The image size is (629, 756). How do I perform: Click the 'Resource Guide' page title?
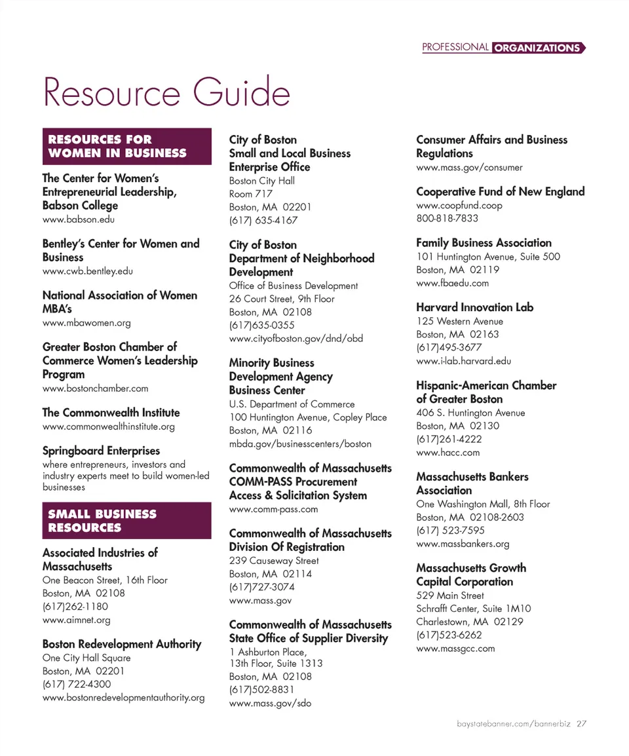pyautogui.click(x=166, y=92)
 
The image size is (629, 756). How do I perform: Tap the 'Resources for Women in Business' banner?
pyautogui.click(x=126, y=146)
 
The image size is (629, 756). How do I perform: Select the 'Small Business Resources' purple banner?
pyautogui.click(x=126, y=521)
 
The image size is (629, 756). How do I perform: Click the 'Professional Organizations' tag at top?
pyautogui.click(x=503, y=48)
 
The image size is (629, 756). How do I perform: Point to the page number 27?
pyautogui.click(x=581, y=724)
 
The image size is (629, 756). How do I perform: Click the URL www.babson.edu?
pyautogui.click(x=79, y=219)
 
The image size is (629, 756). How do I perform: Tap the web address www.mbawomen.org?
pyautogui.click(x=86, y=322)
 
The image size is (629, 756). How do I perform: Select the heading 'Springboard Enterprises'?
pyautogui.click(x=101, y=451)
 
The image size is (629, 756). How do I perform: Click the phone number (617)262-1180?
pyautogui.click(x=75, y=607)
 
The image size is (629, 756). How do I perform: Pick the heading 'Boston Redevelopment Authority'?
pyautogui.click(x=122, y=644)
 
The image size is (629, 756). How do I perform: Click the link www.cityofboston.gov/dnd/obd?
pyautogui.click(x=295, y=339)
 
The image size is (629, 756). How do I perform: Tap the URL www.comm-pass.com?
pyautogui.click(x=273, y=509)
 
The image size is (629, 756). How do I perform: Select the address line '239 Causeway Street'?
pyautogui.click(x=274, y=561)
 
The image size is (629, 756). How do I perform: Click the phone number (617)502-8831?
pyautogui.click(x=262, y=690)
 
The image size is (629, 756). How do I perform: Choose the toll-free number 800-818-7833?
pyautogui.click(x=448, y=218)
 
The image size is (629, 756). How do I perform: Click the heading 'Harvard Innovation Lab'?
pyautogui.click(x=474, y=307)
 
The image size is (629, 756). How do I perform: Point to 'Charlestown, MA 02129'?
pyautogui.click(x=470, y=622)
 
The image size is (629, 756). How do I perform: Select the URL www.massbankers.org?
pyautogui.click(x=463, y=544)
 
